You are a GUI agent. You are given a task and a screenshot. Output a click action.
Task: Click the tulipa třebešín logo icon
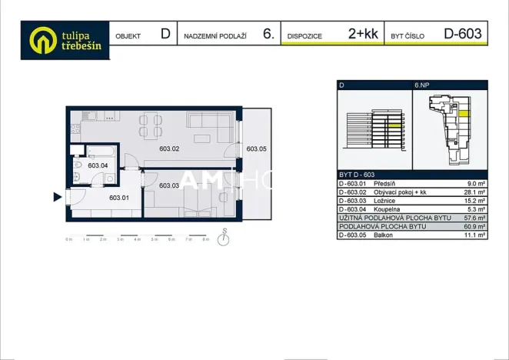click(x=43, y=40)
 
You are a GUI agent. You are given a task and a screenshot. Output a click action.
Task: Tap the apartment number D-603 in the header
click(x=463, y=34)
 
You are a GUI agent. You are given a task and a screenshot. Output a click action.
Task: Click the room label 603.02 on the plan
click(x=169, y=149)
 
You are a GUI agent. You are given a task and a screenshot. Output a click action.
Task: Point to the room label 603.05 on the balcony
click(x=256, y=149)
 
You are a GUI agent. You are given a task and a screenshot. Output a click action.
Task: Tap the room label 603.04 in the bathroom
click(x=98, y=165)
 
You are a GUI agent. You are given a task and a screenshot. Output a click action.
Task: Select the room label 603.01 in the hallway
click(x=119, y=198)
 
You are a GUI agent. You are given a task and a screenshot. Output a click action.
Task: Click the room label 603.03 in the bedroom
click(x=169, y=185)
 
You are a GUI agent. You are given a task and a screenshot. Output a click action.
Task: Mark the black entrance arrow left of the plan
click(x=56, y=198)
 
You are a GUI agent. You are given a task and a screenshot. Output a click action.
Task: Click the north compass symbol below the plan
click(x=223, y=239)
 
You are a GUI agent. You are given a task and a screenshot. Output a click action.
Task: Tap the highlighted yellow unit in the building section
click(x=394, y=124)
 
